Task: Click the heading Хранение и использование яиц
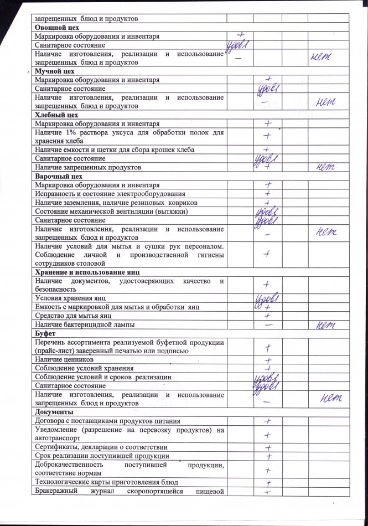pos(86,272)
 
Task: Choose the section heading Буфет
pos(46,334)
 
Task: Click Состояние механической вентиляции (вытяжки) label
pos(115,211)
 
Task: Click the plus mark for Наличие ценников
pos(267,360)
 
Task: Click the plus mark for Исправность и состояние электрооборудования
pos(267,194)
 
